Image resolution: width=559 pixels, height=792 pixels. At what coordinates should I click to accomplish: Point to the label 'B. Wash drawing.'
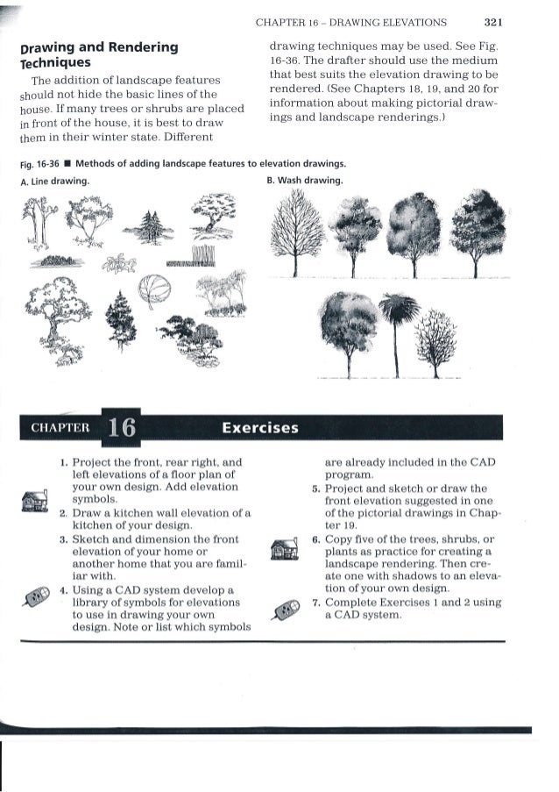click(303, 182)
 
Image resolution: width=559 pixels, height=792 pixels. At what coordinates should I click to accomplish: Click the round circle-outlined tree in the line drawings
click(154, 289)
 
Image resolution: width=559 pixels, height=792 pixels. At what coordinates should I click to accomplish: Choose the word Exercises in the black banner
click(260, 428)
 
